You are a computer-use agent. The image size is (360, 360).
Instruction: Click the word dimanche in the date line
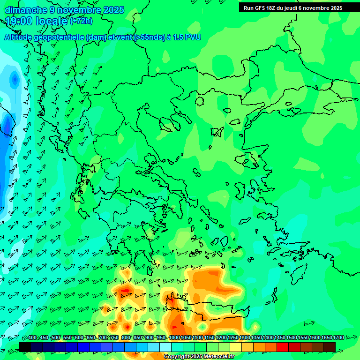click(26, 10)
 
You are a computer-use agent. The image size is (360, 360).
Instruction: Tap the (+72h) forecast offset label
click(81, 21)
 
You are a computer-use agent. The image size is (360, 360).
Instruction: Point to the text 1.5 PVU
click(187, 37)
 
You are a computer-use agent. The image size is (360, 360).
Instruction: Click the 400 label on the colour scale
click(32, 338)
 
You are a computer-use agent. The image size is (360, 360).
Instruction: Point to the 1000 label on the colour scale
click(174, 338)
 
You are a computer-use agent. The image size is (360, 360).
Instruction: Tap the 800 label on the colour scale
click(126, 338)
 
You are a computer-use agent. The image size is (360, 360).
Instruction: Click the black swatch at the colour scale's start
click(25, 347)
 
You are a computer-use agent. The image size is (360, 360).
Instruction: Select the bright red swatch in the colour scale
click(282, 347)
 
